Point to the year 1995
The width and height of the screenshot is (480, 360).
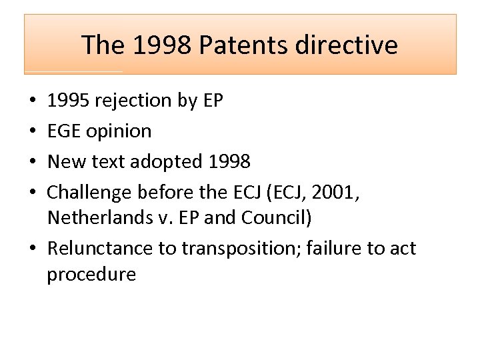(x=69, y=101)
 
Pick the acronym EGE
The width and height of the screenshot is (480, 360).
(x=65, y=131)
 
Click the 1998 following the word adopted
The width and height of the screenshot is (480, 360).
(x=229, y=161)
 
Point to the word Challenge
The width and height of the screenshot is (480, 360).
(x=89, y=192)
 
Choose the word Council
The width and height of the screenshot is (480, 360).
(x=287, y=218)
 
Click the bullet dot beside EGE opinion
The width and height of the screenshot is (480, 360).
(x=33, y=131)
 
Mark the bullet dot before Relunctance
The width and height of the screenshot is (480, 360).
(x=33, y=249)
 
